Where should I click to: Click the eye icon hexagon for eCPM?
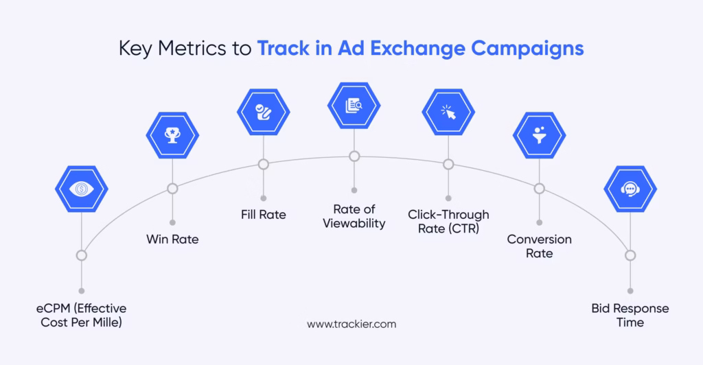pos(82,189)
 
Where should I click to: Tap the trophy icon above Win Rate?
pos(172,135)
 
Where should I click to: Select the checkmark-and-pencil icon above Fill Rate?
pos(264,112)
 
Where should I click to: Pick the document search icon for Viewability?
pos(354,106)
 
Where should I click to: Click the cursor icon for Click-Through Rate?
pos(448,112)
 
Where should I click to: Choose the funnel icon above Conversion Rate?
pos(540,135)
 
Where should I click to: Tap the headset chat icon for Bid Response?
pos(630,189)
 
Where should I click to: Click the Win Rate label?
pos(172,239)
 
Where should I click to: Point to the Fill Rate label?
pos(264,215)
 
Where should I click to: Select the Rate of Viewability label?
pos(354,216)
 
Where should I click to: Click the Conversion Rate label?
pos(540,246)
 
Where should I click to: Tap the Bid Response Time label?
pos(630,316)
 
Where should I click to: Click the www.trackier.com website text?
pos(351,325)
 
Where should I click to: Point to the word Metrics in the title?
pos(192,48)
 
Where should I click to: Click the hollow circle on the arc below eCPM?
pos(82,255)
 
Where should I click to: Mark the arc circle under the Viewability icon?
pos(354,156)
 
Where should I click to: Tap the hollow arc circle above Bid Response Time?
pos(630,255)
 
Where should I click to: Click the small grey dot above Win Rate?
pos(172,222)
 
